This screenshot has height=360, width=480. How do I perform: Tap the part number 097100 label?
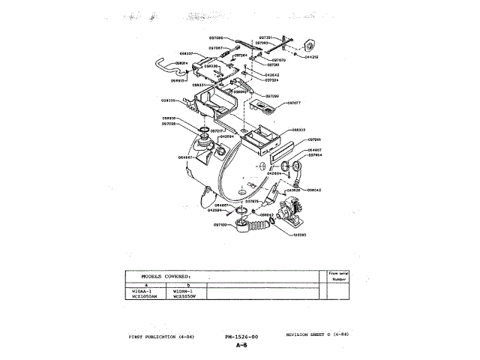tap(220, 225)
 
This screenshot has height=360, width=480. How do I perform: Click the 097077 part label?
tap(293, 103)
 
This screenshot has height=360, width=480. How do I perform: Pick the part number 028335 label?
tap(168, 100)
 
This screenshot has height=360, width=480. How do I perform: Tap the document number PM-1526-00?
tap(241, 337)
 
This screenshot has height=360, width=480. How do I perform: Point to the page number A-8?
tap(241, 346)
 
